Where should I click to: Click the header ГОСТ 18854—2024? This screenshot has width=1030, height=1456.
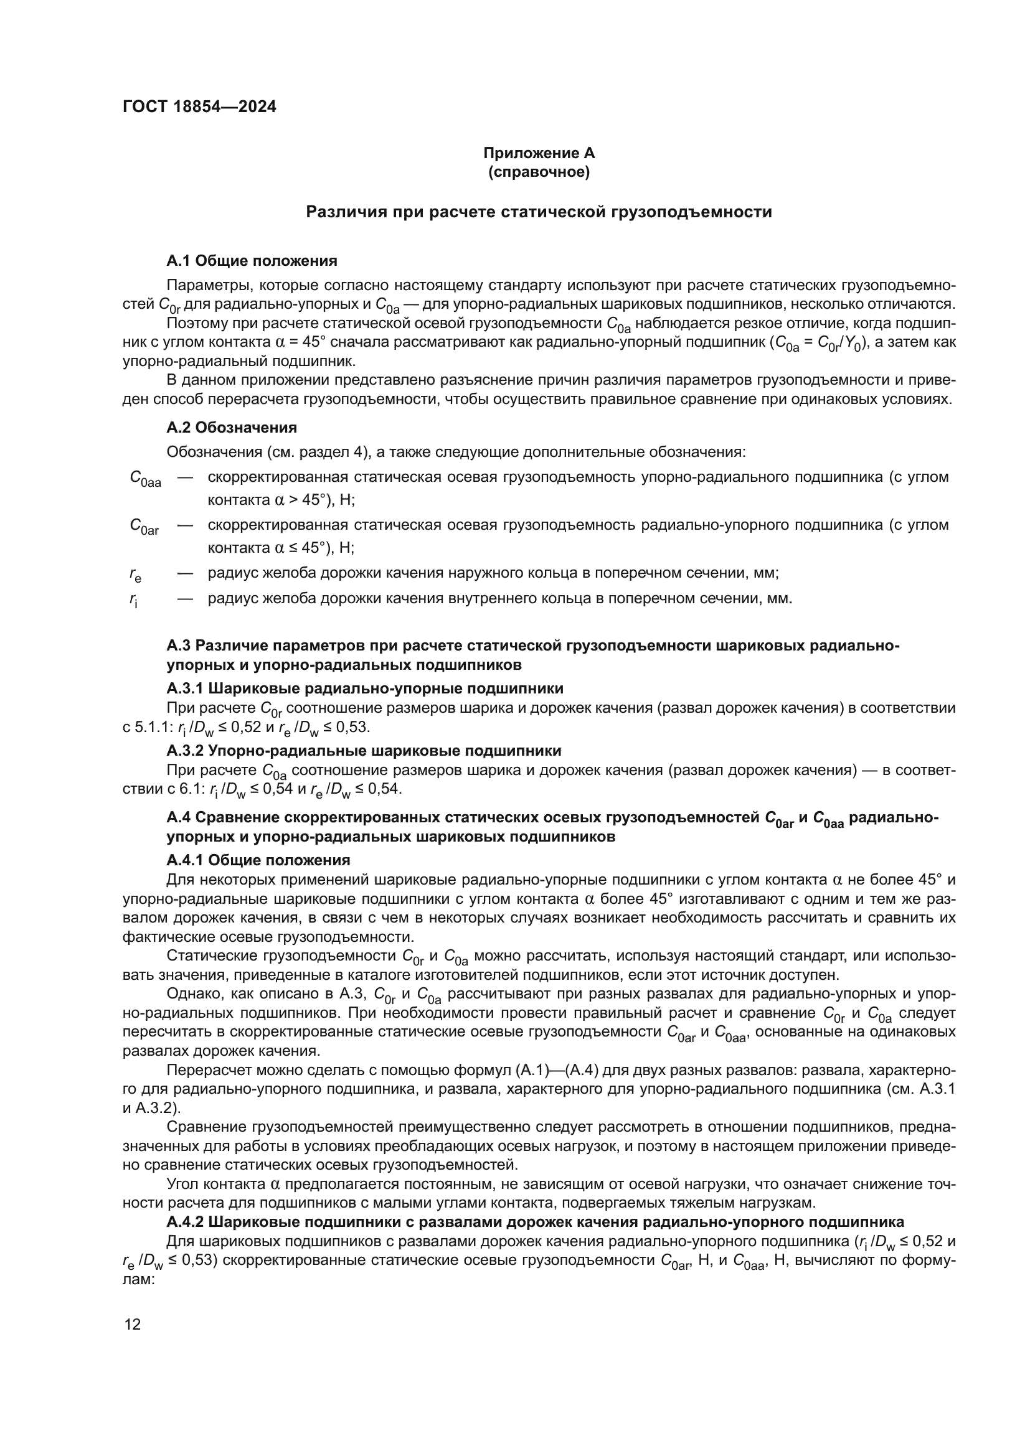199,106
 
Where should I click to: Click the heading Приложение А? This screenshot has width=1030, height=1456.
539,153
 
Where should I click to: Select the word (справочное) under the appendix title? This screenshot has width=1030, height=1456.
539,172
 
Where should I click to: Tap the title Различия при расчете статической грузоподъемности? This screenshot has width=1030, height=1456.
539,212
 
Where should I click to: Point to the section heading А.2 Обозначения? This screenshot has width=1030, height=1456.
232,428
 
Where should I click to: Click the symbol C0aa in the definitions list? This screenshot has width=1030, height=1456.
144,479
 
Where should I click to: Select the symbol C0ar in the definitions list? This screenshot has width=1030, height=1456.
144,527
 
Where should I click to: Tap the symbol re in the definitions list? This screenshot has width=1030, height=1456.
135,575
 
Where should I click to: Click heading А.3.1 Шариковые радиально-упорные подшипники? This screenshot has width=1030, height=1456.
365,688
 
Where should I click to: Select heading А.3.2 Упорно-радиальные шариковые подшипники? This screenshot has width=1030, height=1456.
364,751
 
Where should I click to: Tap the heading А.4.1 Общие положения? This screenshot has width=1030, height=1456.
258,860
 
